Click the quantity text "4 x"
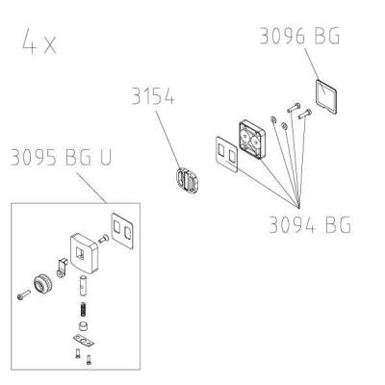tap(39, 40)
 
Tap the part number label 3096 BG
tap(299, 36)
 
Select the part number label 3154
tap(153, 95)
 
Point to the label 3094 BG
tap(310, 225)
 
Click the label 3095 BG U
tap(61, 157)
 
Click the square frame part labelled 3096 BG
tap(326, 97)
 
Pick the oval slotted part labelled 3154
tap(187, 181)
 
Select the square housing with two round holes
tap(252, 140)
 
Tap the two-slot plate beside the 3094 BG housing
tap(226, 154)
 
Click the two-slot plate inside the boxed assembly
tap(122, 231)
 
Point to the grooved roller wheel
tap(42, 284)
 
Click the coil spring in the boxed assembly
tap(83, 310)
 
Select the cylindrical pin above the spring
tap(83, 285)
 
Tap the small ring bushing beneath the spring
tap(84, 326)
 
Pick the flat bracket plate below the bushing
tap(84, 340)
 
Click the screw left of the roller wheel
tap(24, 295)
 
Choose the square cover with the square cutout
tap(84, 253)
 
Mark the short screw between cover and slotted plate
tap(103, 239)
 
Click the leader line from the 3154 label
tap(168, 140)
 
